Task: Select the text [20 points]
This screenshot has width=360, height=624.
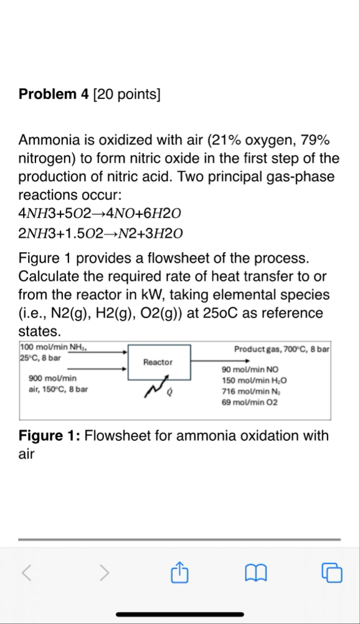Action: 126,95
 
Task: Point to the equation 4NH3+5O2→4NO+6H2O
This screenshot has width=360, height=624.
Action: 100,214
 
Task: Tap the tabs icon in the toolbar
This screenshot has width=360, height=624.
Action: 333,571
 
